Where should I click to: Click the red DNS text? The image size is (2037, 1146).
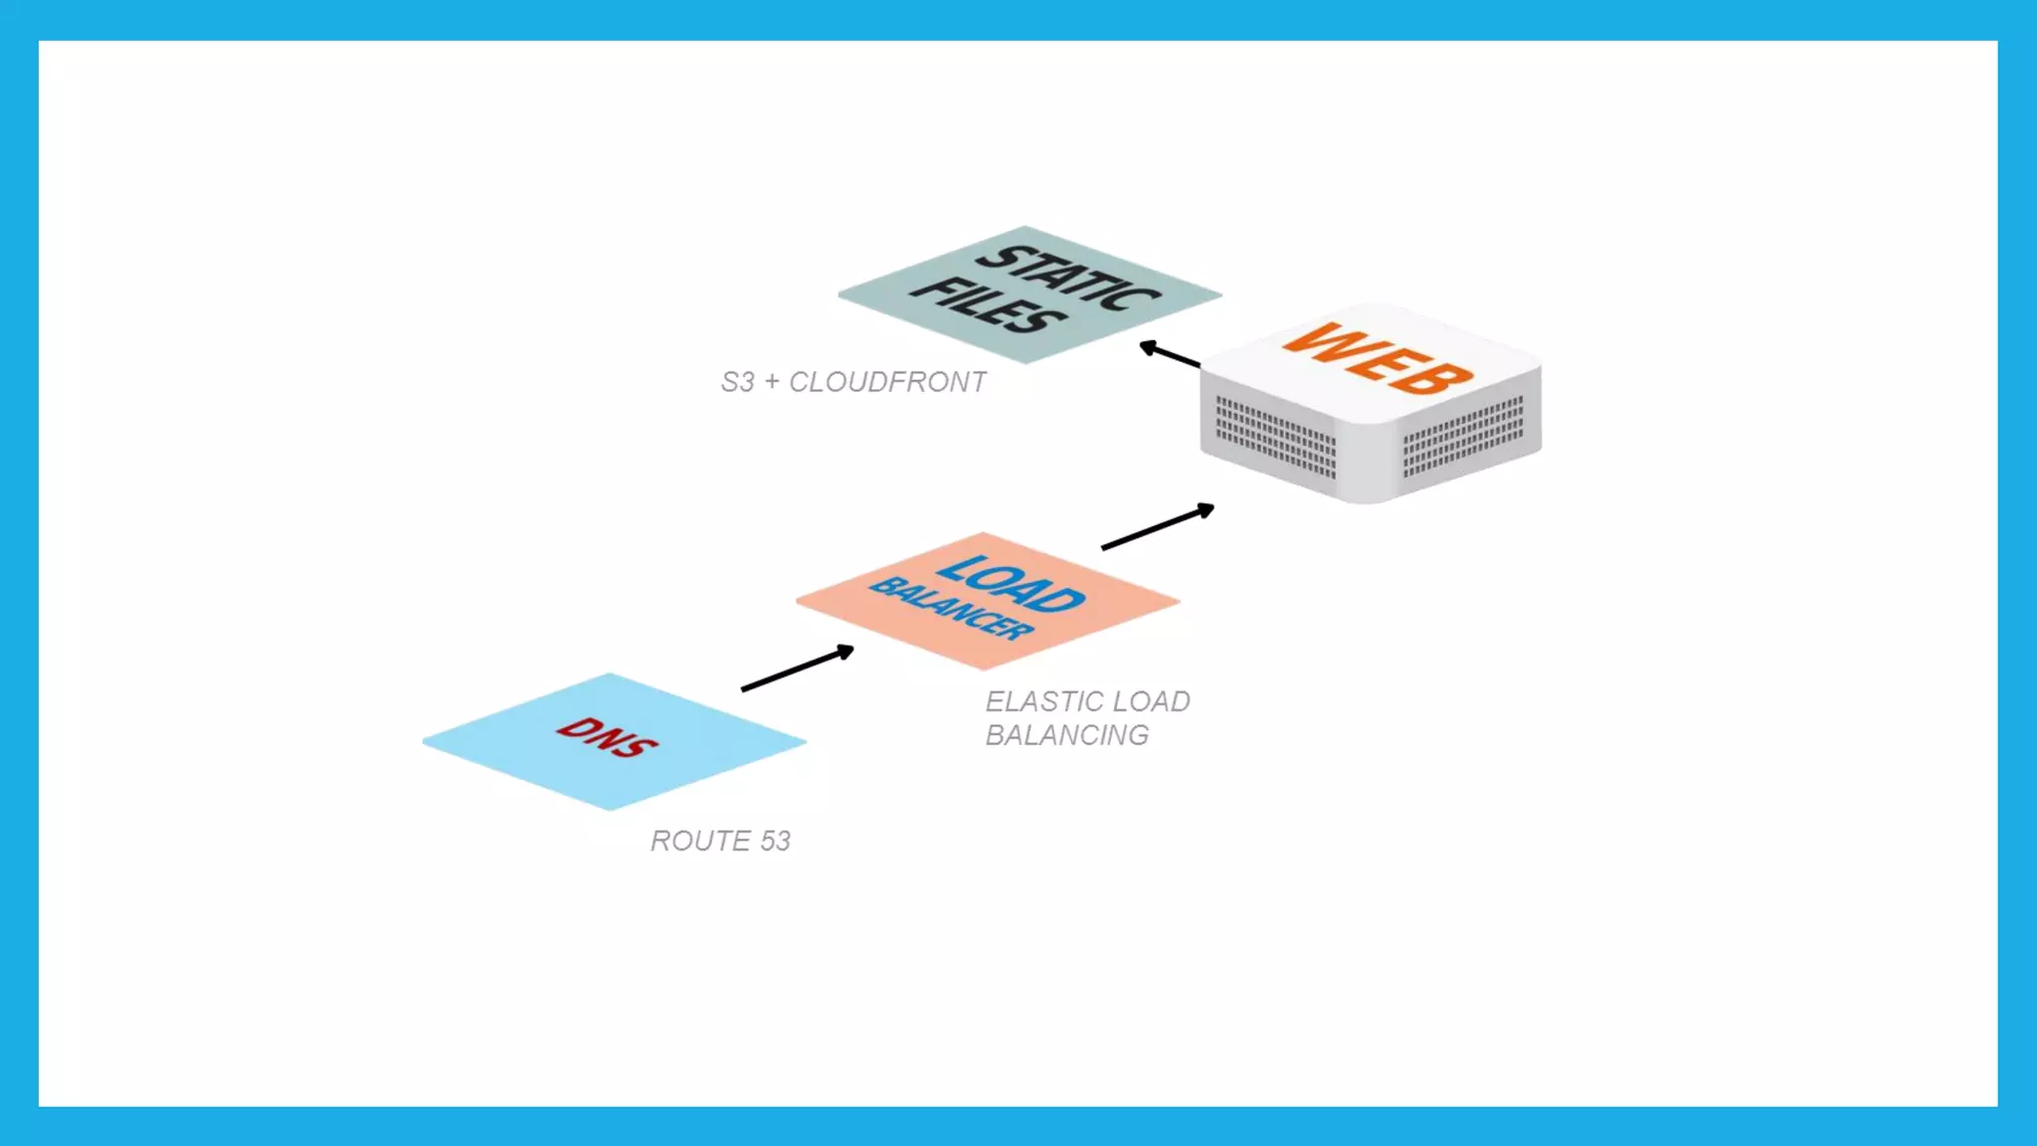click(607, 737)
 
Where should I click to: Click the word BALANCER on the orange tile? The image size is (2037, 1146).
click(952, 608)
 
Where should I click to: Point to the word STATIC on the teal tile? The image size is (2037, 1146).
click(1068, 278)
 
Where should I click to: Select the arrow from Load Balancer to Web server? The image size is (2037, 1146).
click(1158, 527)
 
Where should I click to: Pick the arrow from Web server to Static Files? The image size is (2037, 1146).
click(1170, 354)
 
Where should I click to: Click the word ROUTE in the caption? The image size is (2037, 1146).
click(700, 842)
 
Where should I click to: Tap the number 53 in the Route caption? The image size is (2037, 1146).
click(775, 842)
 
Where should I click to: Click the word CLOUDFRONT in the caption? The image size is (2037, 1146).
click(887, 382)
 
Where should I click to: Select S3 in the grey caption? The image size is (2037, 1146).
click(737, 382)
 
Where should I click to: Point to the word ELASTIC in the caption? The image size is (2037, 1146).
click(1040, 702)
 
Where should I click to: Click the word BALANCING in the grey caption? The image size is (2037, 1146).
click(1067, 736)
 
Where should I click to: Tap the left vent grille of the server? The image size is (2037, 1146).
click(1276, 438)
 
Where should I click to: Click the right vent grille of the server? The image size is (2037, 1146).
click(1463, 434)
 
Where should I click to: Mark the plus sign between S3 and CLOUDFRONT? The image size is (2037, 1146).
click(772, 382)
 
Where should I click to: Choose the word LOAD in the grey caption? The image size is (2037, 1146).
click(1152, 702)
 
